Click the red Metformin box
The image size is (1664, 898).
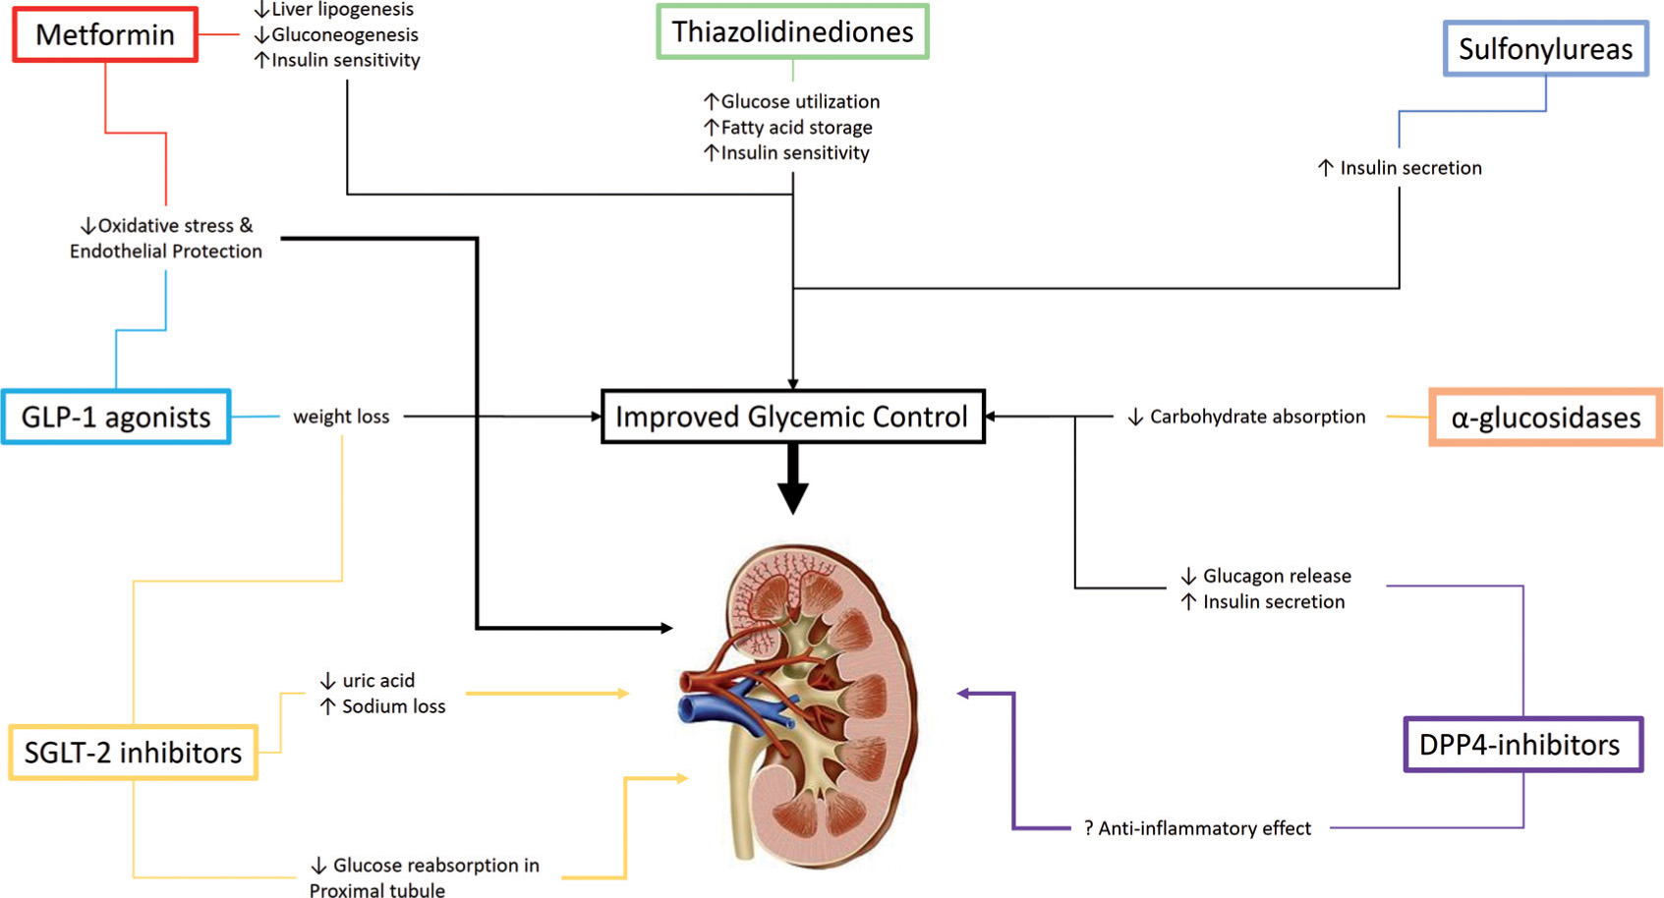[x=105, y=35]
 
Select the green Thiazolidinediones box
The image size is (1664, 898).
[x=792, y=32]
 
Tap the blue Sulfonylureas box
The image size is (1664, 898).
[x=1545, y=49]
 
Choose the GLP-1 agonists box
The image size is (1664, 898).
[x=116, y=418]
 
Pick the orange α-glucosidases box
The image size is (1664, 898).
[x=1545, y=418]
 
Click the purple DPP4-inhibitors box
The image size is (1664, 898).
[x=1522, y=745]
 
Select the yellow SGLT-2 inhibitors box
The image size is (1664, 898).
[x=133, y=753]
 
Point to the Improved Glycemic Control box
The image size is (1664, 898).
[x=792, y=417]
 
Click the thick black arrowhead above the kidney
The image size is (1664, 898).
[x=792, y=497]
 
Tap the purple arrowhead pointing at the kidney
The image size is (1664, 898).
[x=964, y=694]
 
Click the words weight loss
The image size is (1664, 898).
[x=341, y=417]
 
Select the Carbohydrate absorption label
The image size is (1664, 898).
[x=1257, y=417]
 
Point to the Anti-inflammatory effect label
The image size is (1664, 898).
[x=1204, y=828]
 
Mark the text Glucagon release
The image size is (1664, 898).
[x=1276, y=576]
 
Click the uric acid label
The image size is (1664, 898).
[x=377, y=680]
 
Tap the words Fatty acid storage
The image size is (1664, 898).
[x=796, y=127]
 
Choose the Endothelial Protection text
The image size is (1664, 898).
[x=166, y=252]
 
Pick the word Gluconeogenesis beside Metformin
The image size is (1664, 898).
[x=344, y=35]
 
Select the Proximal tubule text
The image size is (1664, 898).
[x=377, y=890]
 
